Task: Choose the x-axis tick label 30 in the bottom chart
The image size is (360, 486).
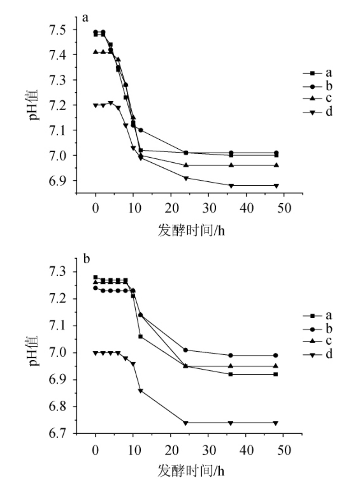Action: (208, 449)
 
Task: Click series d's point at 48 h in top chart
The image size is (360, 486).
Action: (276, 186)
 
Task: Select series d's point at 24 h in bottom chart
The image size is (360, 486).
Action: (186, 423)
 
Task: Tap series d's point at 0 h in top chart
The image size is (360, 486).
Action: (96, 105)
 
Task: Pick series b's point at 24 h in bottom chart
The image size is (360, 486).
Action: (186, 350)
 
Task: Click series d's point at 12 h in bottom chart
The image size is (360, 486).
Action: (141, 390)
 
